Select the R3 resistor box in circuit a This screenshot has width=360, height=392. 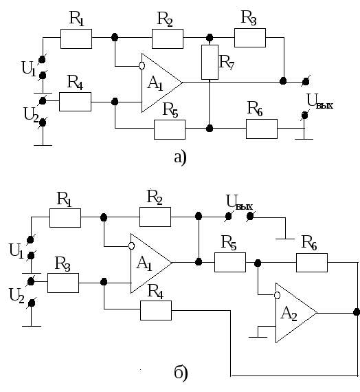point(250,38)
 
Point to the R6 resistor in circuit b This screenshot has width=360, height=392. point(312,263)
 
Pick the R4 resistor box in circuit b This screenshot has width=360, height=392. point(156,310)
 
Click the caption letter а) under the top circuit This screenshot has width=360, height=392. point(180,157)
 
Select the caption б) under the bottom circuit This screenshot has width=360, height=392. point(181,373)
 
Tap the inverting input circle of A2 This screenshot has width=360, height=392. point(277,295)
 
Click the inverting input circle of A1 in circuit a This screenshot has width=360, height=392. point(142,66)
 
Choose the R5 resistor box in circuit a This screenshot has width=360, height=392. point(170,129)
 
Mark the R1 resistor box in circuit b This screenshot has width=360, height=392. point(65,218)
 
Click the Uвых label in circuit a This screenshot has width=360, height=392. point(319,101)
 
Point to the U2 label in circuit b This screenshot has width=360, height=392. point(16,296)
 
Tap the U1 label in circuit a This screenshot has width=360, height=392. point(29,69)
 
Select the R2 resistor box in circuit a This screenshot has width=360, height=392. point(168,39)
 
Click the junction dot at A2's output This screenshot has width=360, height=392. point(357,312)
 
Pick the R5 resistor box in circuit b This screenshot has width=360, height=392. point(230,262)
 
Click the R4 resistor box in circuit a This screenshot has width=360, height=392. point(75,102)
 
